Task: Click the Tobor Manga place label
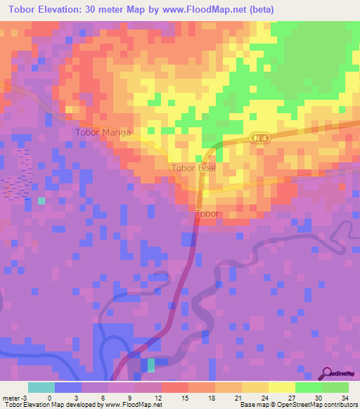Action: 103,132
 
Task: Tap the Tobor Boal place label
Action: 193,169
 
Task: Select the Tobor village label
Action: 207,214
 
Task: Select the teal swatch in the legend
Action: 41,388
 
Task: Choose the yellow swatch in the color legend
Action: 281,388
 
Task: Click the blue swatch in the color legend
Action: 68,388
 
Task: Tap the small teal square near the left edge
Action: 41,201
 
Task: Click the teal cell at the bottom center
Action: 150,364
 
